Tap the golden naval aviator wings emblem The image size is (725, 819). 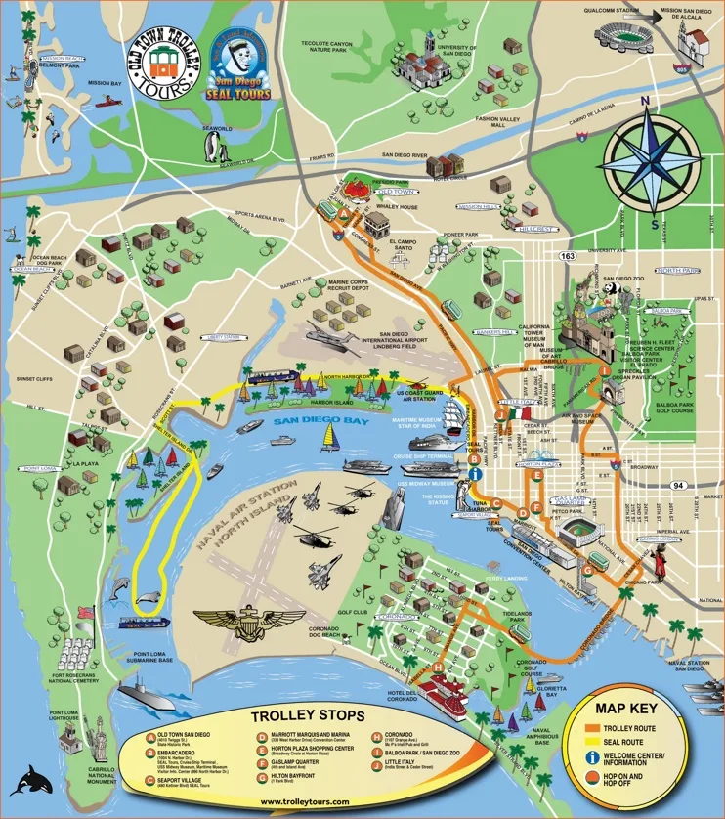(x=249, y=619)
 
